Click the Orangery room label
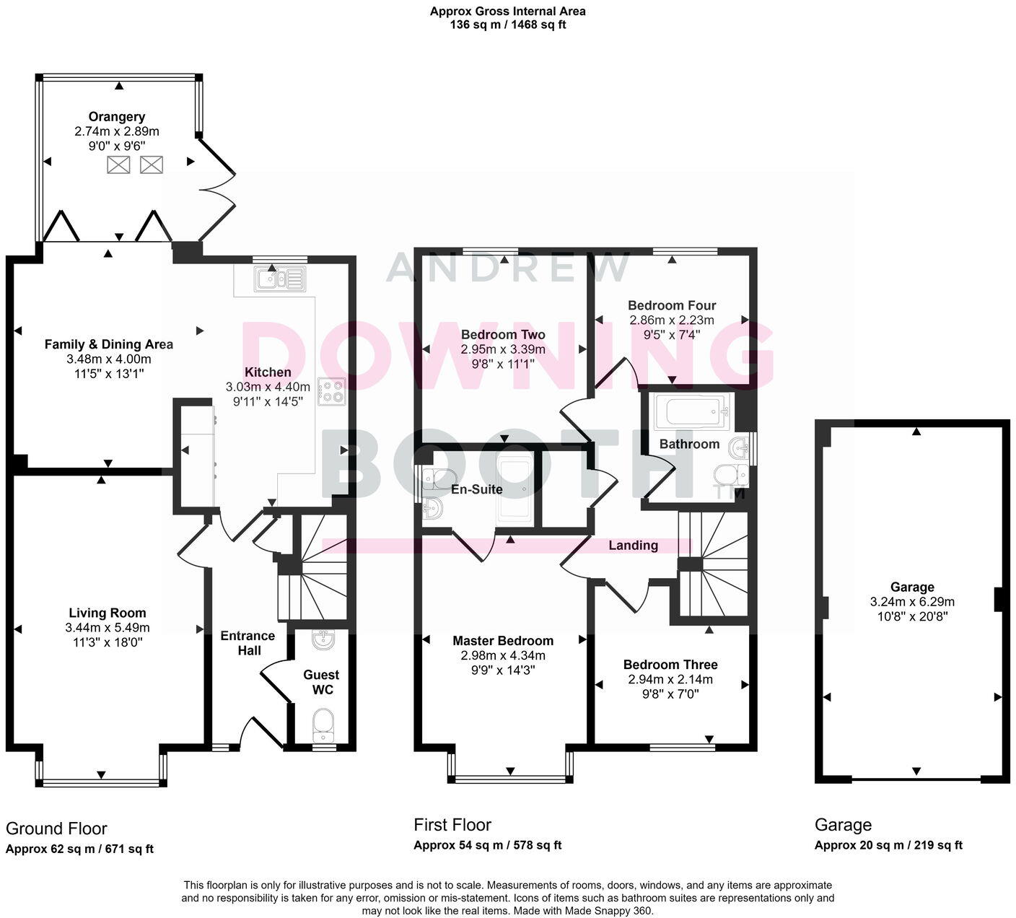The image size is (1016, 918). pos(117,117)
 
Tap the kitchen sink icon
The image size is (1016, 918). pos(279,279)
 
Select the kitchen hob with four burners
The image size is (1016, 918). pos(331,391)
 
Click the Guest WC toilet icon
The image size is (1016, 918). pos(322,725)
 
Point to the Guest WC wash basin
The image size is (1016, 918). pos(322,640)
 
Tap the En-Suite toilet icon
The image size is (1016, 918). pos(437,476)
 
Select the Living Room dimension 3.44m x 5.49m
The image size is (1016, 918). pos(108,628)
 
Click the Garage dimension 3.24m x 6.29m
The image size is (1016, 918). pos(912,602)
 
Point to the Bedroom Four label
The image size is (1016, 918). pos(672,305)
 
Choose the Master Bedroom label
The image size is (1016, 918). pos(503,641)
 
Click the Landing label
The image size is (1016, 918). pos(633,546)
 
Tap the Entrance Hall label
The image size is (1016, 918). pos(248,643)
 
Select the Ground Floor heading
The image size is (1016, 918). pos(56,829)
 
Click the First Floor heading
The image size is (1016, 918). pos(452,825)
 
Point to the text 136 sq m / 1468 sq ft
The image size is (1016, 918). pos(507,25)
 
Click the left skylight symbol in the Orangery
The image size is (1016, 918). pos(118,165)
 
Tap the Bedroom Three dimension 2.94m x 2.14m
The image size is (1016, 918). pos(670,680)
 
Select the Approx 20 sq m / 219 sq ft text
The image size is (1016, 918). pos(888,846)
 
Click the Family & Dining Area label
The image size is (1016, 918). pos(109,344)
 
